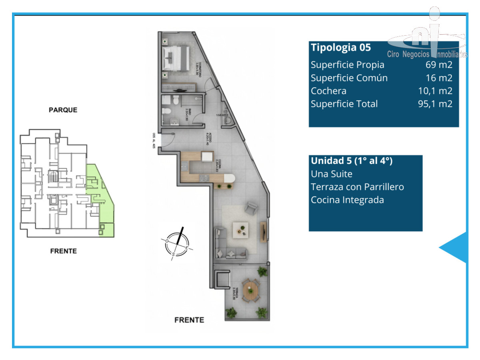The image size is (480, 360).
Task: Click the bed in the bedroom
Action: coord(177,58)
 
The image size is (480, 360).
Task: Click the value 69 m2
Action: coord(439,65)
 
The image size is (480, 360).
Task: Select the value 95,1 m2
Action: coord(435,104)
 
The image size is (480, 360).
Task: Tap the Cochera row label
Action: coord(328,91)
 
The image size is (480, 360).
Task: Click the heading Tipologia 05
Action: coord(341,48)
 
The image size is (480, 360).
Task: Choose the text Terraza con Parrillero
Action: coord(357,187)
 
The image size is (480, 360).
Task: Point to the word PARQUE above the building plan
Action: coord(63,110)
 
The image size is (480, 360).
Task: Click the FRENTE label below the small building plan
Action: coord(63,251)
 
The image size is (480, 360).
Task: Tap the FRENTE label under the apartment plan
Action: coord(189,320)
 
